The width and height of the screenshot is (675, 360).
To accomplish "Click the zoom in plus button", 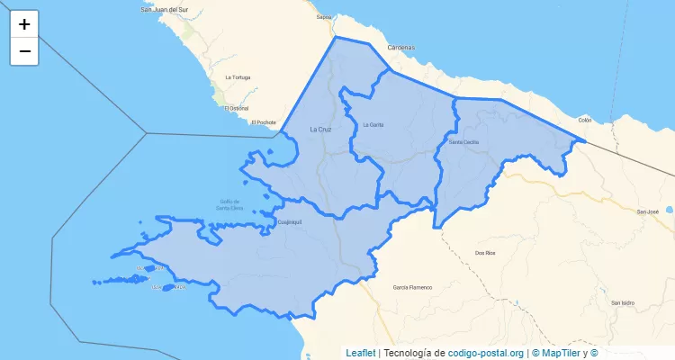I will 24,24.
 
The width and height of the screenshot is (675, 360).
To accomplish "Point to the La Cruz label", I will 320,130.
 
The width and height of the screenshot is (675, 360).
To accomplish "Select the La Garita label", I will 373,124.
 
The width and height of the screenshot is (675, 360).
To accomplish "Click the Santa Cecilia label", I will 464,142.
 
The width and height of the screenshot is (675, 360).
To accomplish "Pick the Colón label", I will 585,120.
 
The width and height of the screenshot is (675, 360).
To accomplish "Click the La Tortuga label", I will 238,76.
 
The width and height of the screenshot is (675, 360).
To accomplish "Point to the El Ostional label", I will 237,108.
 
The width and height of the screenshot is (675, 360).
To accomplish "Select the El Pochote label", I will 265,121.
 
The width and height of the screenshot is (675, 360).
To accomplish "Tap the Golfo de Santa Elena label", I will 230,204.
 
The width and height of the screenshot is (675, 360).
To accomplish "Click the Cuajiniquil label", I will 287,220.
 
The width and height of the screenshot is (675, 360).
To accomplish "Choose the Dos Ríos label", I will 484,253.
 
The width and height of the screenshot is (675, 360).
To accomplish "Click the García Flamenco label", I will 412,287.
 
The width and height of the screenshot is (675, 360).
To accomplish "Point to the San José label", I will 648,211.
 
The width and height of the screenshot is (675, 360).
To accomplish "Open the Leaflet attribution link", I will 360,353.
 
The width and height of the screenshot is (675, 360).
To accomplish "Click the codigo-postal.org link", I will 486,353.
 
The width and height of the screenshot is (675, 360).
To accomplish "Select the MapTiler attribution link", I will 559,353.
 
